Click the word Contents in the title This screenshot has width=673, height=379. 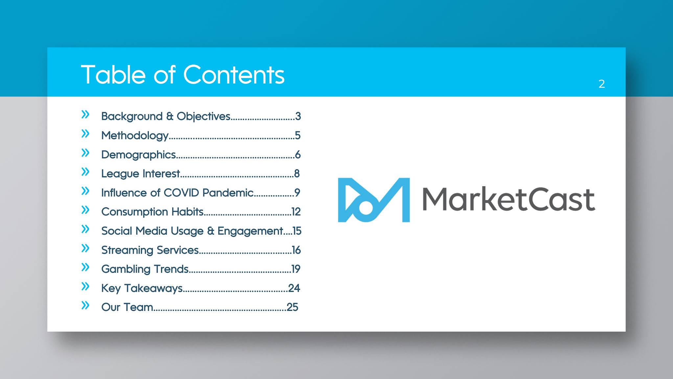coord(234,75)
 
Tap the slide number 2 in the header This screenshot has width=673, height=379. coord(601,84)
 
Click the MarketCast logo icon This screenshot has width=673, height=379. coord(374,200)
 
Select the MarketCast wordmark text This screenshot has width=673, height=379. coord(508,200)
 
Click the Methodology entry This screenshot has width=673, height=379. coord(135,136)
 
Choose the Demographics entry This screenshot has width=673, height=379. coord(138,155)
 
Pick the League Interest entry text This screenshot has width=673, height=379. coord(140,174)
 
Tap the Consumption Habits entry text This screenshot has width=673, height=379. coord(152,212)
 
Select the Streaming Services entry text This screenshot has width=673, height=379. coord(150,250)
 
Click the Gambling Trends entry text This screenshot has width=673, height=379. coord(145,269)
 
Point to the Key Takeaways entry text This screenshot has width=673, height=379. coord(142,288)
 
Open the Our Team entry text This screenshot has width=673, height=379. coord(127,307)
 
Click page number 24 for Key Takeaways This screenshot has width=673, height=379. coord(294,288)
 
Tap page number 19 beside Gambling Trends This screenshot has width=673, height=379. coord(296,269)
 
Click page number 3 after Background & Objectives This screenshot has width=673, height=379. coord(298,116)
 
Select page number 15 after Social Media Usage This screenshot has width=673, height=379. coord(297,231)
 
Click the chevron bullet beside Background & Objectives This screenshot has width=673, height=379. coord(85,114)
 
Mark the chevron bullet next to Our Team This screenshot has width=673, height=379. coord(85,305)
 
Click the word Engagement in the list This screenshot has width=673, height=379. coord(250,231)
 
